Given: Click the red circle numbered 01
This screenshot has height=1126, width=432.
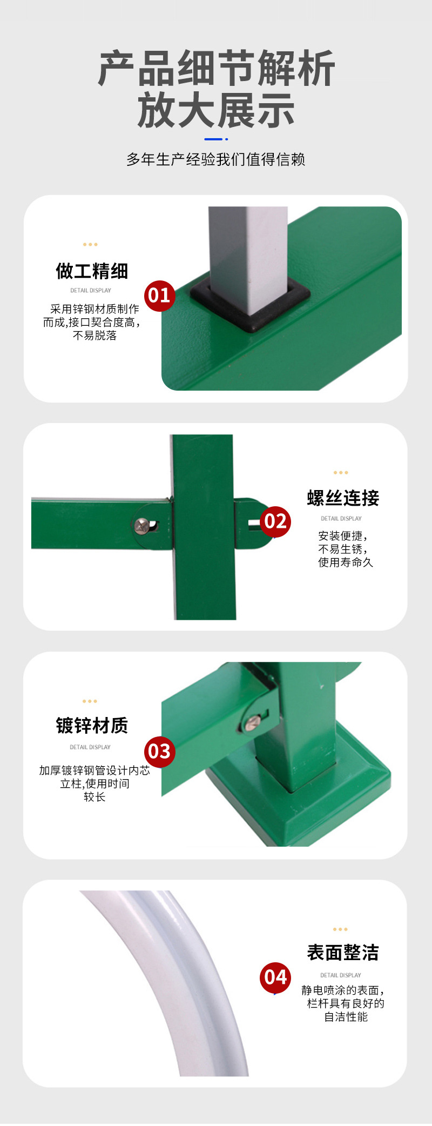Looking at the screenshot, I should (159, 296).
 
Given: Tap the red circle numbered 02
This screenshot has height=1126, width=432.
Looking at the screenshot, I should (275, 521).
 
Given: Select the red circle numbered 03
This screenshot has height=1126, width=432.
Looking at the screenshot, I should (159, 751).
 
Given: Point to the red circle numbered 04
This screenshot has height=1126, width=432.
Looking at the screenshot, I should (275, 977).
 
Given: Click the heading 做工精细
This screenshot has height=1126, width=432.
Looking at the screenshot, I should (92, 271).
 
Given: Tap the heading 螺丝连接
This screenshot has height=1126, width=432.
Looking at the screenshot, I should (343, 498).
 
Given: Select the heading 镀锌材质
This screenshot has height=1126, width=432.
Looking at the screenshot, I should (92, 726).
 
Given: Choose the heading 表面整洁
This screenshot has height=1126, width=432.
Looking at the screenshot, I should (343, 953).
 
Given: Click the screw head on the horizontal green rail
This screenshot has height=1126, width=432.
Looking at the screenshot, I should (143, 525).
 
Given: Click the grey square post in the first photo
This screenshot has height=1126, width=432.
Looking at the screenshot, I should (248, 249).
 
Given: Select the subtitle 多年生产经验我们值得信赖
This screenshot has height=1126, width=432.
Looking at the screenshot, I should (216, 159).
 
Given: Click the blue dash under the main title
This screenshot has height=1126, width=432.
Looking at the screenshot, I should (214, 139).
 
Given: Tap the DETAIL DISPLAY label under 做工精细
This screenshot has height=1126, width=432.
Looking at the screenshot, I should (91, 290).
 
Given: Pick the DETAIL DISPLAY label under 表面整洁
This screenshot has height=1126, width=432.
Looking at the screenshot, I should (341, 975).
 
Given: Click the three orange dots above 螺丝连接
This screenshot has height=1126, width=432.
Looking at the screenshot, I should (341, 473).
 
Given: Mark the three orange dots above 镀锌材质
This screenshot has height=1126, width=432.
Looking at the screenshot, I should (90, 701).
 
